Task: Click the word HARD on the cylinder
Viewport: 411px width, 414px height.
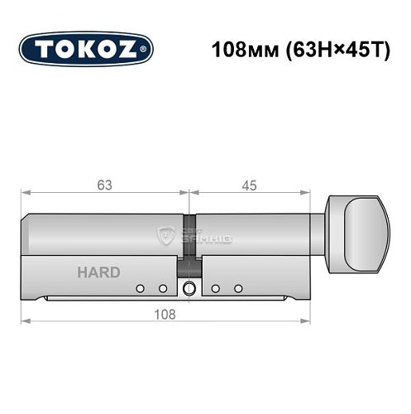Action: (x=98, y=272)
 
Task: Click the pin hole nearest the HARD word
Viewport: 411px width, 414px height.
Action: (x=140, y=288)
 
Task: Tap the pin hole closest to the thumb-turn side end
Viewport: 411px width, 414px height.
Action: (x=238, y=288)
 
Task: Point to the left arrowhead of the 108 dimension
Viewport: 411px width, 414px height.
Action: (x=25, y=320)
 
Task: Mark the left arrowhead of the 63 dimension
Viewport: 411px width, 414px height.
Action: (x=25, y=195)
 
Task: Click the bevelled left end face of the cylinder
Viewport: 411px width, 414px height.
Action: (x=27, y=235)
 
